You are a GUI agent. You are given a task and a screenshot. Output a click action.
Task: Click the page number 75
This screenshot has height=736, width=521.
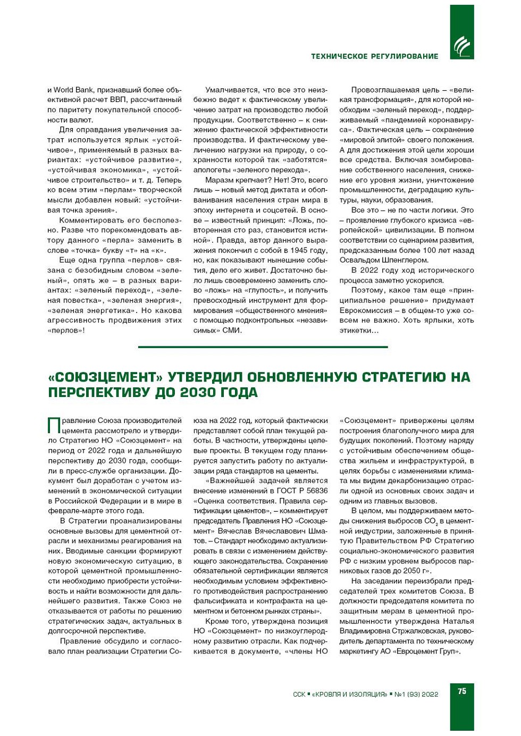461,691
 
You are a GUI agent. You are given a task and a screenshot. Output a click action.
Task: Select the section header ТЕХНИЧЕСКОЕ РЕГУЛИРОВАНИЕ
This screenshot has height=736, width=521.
374,56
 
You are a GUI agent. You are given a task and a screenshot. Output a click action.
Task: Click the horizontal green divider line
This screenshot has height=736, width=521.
263,347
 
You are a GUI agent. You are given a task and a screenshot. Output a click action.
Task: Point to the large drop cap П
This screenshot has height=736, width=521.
54,426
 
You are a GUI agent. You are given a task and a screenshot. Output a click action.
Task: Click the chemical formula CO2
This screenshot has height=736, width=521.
431,521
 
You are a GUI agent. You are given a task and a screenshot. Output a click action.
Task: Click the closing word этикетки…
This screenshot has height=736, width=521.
359,331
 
